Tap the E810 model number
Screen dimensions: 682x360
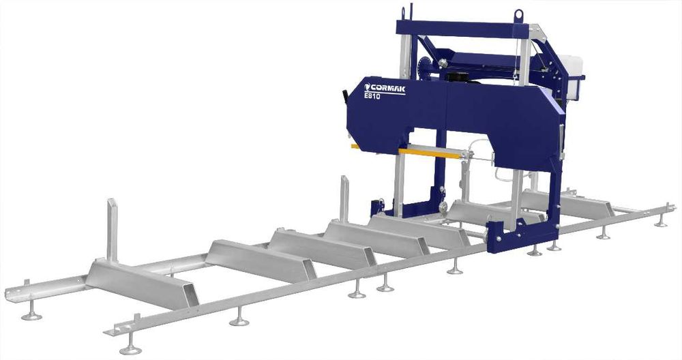(x=372, y=97)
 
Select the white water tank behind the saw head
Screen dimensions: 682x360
(x=571, y=71)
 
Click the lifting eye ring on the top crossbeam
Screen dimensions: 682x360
(x=518, y=15)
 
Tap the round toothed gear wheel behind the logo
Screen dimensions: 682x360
(x=424, y=69)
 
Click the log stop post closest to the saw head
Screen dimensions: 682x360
(x=344, y=198)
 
